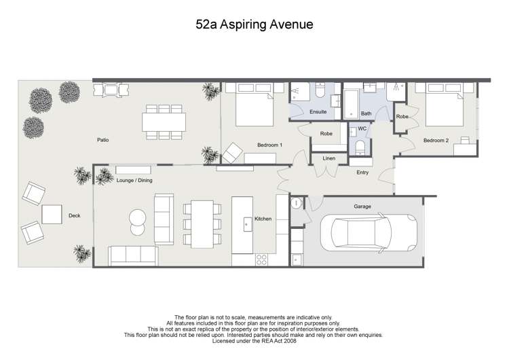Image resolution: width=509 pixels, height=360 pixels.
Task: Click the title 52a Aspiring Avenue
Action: [254, 25]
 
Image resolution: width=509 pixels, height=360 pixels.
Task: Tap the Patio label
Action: [103, 140]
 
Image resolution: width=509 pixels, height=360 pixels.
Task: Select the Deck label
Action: [74, 216]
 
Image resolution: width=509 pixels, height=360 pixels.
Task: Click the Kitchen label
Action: [263, 219]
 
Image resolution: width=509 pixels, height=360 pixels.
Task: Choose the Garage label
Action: [362, 205]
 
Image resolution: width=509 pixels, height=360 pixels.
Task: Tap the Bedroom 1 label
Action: [269, 145]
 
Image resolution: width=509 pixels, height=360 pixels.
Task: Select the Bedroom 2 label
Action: [436, 141]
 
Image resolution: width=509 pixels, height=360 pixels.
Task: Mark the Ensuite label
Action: [318, 111]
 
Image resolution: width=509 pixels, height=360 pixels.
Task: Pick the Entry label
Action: [363, 173]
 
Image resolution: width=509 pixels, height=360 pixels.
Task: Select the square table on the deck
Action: [53, 215]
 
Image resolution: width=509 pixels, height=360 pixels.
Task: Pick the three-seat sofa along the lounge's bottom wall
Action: [133, 255]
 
